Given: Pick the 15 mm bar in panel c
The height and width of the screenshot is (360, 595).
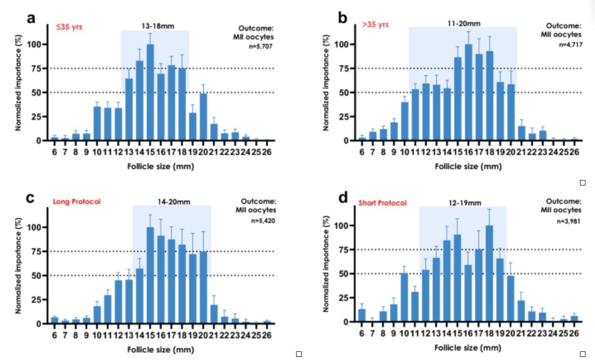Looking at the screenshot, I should [x=150, y=275].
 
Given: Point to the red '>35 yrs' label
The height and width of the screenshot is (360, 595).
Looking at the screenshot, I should [x=375, y=25].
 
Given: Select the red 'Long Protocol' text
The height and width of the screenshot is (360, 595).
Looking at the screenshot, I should [x=76, y=202].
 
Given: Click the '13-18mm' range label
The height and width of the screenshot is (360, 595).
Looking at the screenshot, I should [x=155, y=26].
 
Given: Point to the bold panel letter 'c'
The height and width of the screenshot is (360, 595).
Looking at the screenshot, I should [x=30, y=199].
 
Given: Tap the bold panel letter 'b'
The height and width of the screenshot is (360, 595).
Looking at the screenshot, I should [x=343, y=19].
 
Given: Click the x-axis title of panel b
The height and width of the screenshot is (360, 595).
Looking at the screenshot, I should [x=468, y=166].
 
